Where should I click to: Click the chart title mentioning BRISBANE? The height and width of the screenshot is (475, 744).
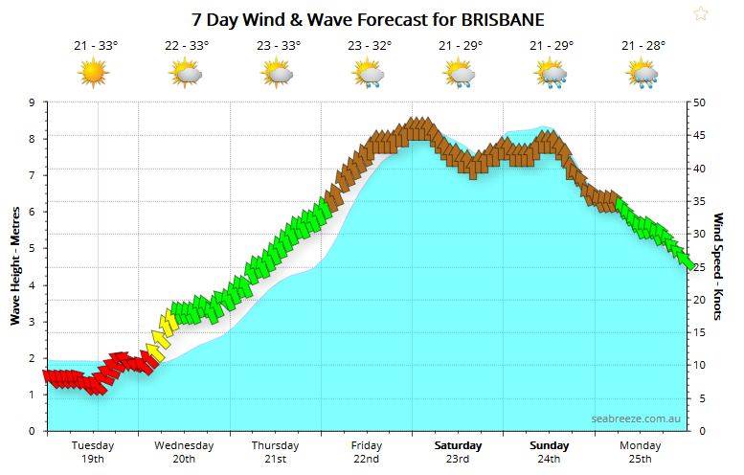[x=368, y=18]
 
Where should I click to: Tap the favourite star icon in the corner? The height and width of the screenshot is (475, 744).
[x=701, y=13]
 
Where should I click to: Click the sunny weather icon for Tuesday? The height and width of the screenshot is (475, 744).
[x=94, y=72]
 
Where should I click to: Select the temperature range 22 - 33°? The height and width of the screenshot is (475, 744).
[x=186, y=45]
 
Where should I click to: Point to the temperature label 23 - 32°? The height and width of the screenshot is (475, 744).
[x=369, y=45]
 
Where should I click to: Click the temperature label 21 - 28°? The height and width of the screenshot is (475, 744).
[x=643, y=45]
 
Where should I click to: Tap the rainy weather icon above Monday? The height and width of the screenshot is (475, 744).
[x=642, y=73]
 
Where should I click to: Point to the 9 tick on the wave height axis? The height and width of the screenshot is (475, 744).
[x=32, y=102]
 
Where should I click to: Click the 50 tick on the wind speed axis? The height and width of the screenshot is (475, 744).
[x=700, y=102]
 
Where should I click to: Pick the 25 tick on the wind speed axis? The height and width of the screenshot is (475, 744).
[x=700, y=266]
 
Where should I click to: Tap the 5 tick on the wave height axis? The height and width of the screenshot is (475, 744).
[x=32, y=248]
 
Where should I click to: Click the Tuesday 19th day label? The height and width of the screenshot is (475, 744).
[x=93, y=452]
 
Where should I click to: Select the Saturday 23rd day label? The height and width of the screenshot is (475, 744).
[x=458, y=452]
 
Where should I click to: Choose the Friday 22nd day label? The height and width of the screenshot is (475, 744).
[x=367, y=452]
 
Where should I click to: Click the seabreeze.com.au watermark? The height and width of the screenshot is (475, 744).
[x=636, y=418]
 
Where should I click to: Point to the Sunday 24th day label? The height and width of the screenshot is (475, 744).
[x=549, y=452]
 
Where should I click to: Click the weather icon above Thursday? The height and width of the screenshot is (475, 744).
[x=277, y=73]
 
